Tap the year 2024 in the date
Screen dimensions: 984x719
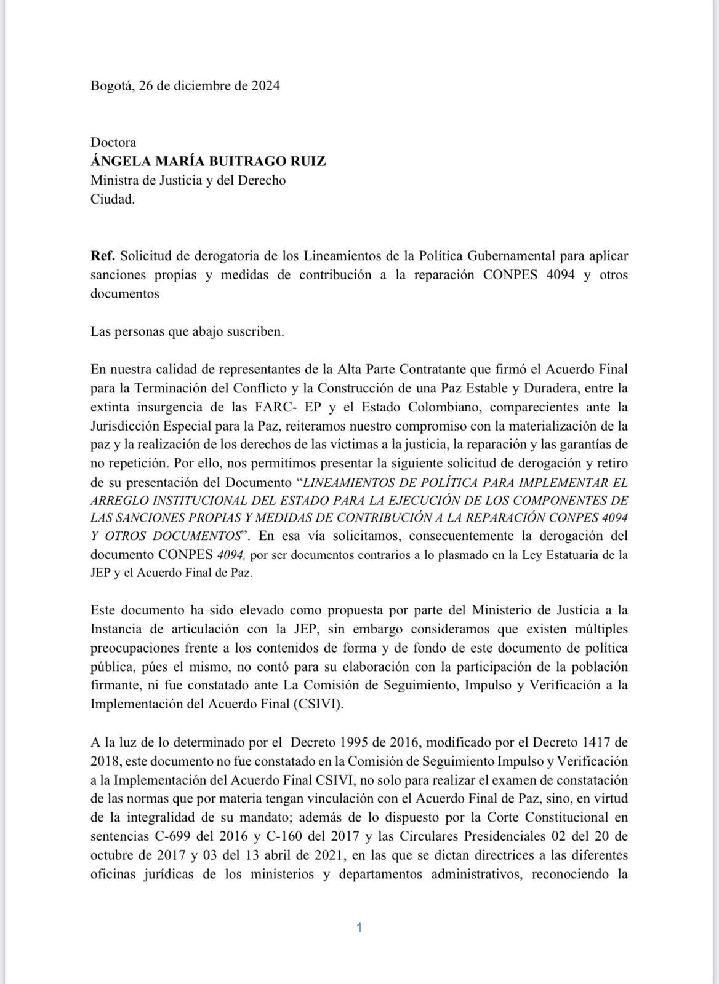(265, 86)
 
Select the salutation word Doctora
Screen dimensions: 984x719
(113, 142)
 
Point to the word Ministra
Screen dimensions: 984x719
(112, 180)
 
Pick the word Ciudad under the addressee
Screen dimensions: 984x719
(111, 199)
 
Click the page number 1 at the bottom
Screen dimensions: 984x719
(359, 927)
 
